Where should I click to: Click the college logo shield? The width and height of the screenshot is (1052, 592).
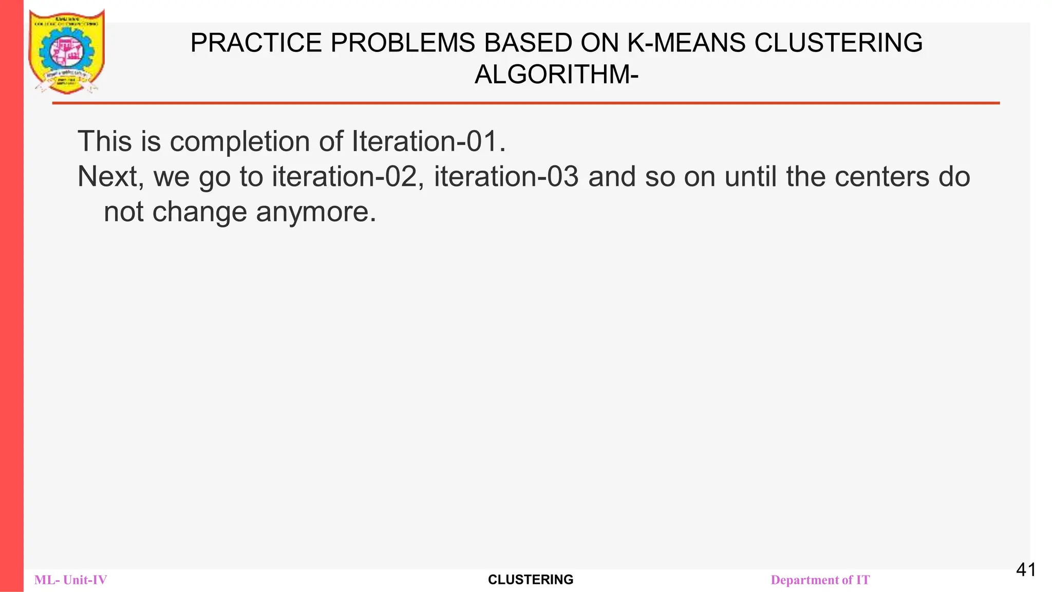click(67, 51)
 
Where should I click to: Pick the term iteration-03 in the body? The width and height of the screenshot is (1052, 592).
click(506, 177)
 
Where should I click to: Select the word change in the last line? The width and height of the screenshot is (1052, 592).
click(200, 212)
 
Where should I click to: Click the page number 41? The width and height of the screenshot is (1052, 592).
click(1026, 570)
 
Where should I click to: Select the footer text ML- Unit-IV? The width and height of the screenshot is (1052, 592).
click(71, 580)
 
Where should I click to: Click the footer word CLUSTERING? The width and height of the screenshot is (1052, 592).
click(531, 580)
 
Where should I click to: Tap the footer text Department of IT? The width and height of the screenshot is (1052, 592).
click(820, 580)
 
